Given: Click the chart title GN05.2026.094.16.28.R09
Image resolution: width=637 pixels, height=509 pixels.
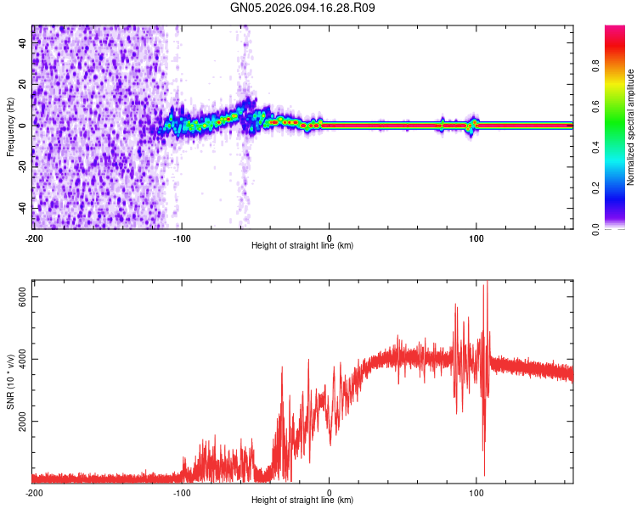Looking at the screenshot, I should pos(303,8).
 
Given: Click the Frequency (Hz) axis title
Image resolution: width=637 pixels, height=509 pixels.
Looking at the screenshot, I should pos(10,126).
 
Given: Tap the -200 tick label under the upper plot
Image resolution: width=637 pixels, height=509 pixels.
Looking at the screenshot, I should pos(34,238).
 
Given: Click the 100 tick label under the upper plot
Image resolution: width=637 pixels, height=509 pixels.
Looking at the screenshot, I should pos(476,238).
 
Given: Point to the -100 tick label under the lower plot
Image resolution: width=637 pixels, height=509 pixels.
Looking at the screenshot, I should pos(182,491).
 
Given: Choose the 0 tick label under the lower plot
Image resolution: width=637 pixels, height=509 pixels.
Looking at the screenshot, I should pos(330,491).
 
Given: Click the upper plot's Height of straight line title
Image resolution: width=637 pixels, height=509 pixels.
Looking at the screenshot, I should pos(302,246).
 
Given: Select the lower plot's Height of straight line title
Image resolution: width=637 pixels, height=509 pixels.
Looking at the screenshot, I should pos(302,500).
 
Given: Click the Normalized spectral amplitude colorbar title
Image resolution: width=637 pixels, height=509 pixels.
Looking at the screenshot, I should pos(631,126).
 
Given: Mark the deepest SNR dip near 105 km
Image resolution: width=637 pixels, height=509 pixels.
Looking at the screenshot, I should pos(484,475).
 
